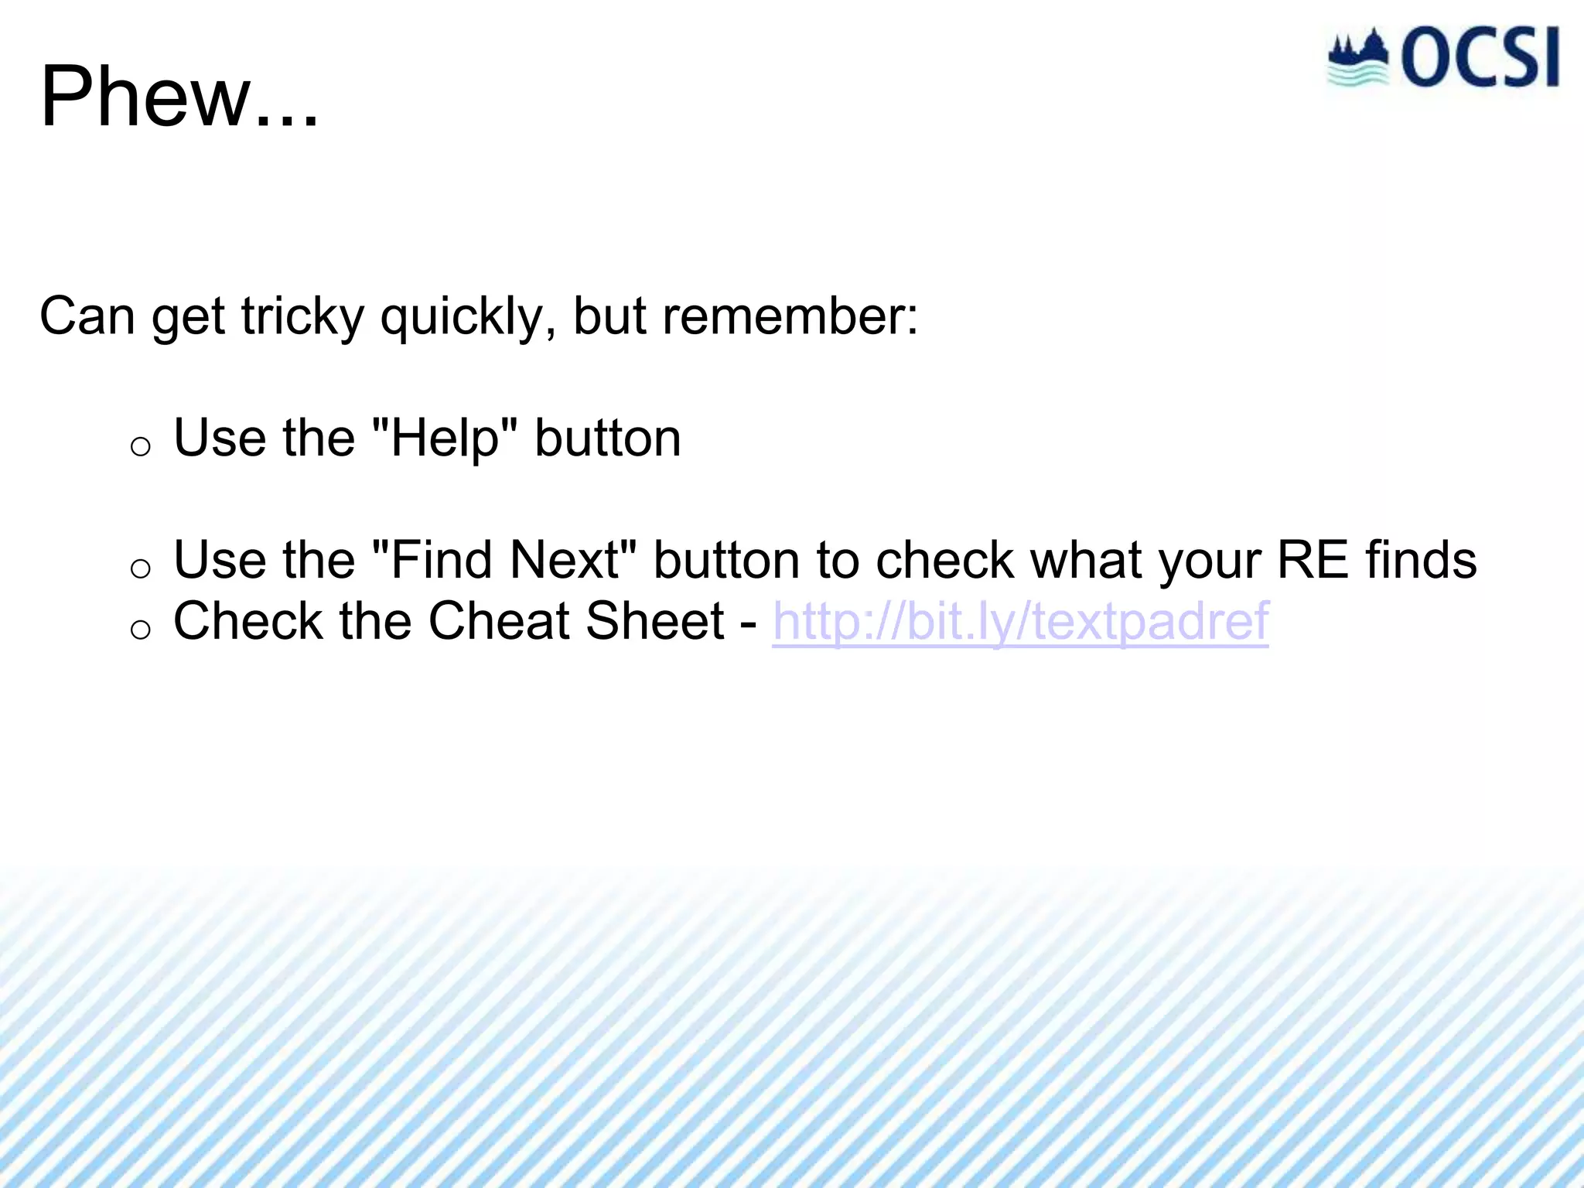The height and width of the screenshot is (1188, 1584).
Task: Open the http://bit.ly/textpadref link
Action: [1020, 621]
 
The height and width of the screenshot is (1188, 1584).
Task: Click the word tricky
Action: [302, 317]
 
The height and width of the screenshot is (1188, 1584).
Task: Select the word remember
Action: [789, 317]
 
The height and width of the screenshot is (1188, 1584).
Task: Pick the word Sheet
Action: [654, 621]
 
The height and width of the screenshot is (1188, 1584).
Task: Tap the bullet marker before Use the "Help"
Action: [140, 446]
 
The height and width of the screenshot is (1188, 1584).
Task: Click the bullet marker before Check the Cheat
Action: [140, 630]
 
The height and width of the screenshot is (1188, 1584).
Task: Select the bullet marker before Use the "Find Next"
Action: [140, 568]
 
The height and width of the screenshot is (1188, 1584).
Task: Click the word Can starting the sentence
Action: [87, 317]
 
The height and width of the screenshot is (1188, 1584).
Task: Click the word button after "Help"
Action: [607, 439]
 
